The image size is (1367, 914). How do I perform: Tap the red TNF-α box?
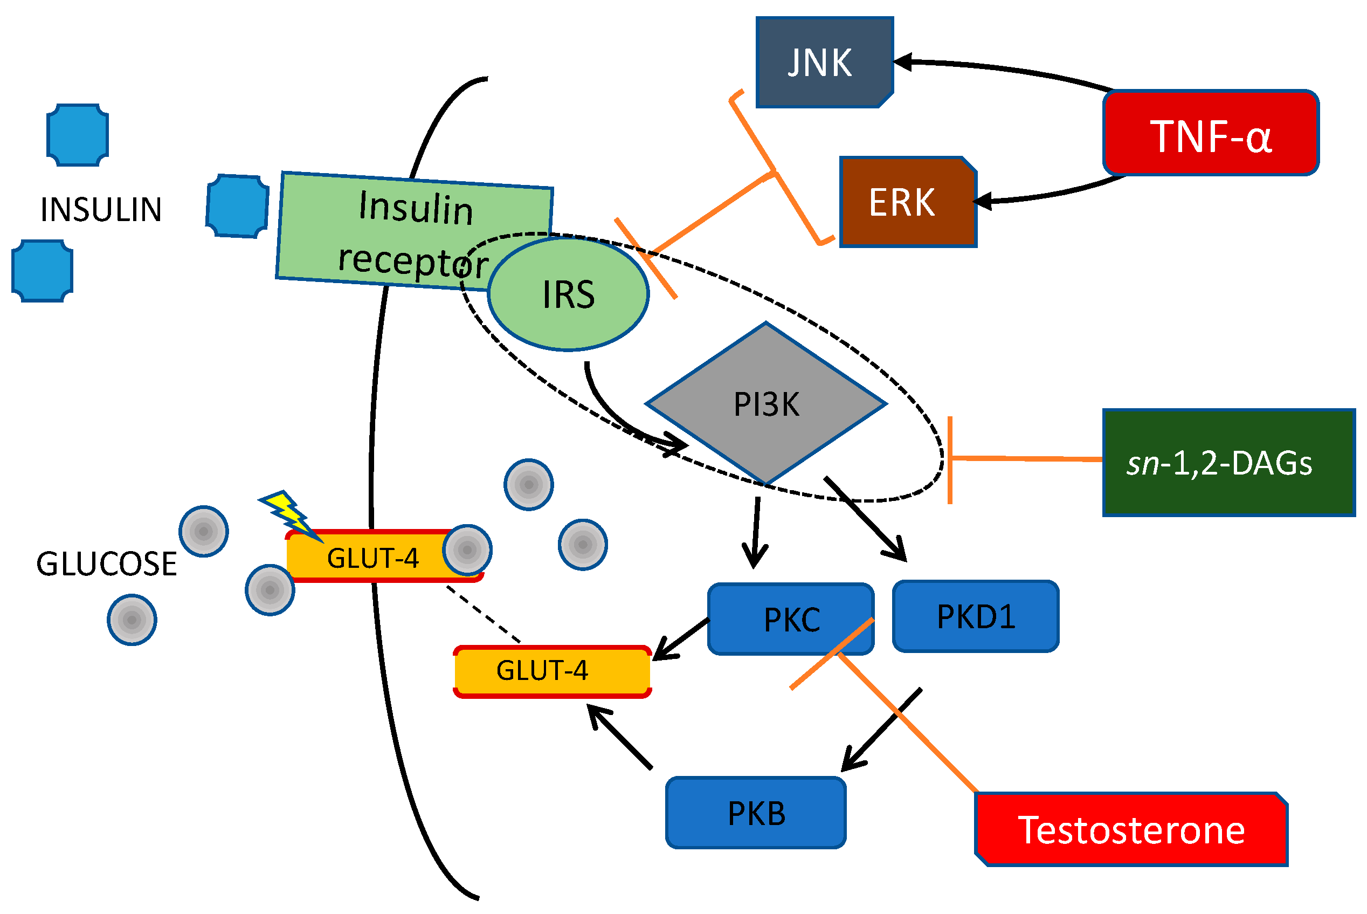(x=1210, y=133)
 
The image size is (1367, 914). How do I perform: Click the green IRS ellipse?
(x=568, y=294)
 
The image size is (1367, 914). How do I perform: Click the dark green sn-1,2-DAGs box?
(x=1228, y=463)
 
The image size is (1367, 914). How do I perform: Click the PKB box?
(x=755, y=813)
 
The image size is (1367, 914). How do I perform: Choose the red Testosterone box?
(x=1130, y=830)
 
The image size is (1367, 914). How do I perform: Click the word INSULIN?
(x=101, y=210)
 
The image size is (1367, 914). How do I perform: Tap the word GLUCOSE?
(x=106, y=563)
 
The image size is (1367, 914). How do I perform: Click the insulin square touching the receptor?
(x=237, y=207)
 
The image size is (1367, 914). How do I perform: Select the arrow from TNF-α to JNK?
(x=1002, y=70)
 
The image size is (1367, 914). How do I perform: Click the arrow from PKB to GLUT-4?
(x=620, y=737)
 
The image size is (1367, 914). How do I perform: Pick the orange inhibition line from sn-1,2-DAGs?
(x=1026, y=459)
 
